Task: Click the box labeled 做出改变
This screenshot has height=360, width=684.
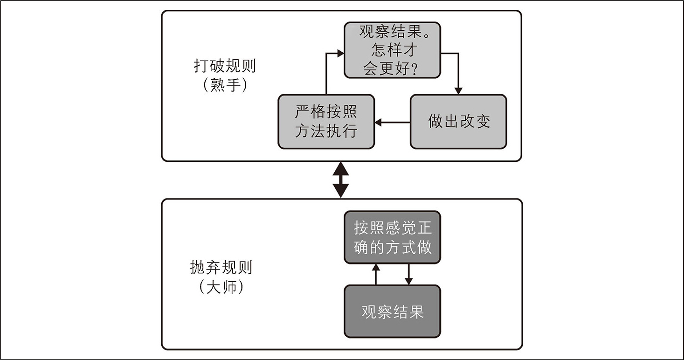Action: point(458,122)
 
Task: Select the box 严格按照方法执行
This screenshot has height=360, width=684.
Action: point(326,122)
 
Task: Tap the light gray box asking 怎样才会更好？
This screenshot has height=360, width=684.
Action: point(392,50)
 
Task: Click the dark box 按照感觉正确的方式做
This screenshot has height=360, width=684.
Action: point(392,237)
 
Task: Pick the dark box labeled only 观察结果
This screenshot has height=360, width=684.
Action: point(392,311)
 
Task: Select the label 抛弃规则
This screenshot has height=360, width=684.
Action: point(221,267)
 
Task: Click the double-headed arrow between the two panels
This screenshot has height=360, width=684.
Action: point(341,180)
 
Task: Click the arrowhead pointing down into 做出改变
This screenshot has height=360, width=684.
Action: point(458,91)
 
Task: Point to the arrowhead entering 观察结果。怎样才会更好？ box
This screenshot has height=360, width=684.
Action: point(340,54)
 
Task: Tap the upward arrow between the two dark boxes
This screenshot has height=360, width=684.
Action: point(375,274)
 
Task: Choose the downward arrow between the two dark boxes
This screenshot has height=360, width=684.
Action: point(409,274)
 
